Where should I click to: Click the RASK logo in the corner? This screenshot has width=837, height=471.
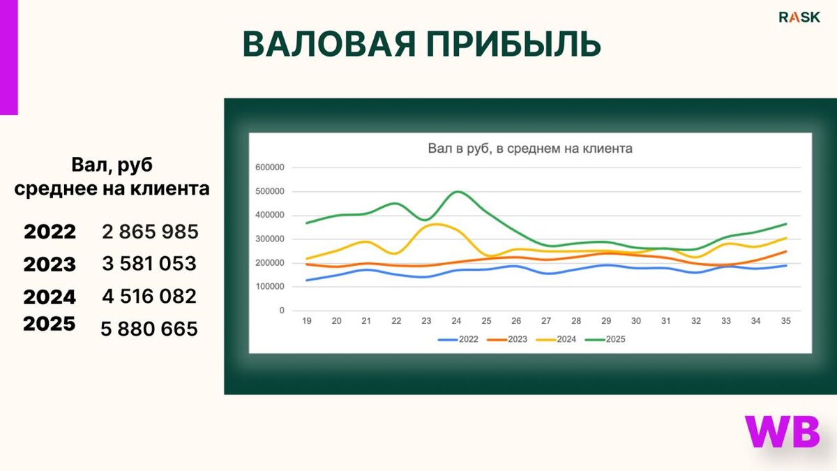[799, 17]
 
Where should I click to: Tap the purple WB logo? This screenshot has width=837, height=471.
[782, 432]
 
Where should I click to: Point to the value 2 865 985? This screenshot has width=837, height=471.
[150, 232]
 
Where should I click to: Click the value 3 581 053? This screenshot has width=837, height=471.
[149, 264]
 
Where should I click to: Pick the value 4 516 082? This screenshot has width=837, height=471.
[149, 296]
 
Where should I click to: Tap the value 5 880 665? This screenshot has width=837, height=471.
[149, 328]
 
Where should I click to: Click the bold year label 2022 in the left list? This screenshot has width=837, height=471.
[50, 232]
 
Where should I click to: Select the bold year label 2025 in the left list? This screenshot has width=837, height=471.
[50, 324]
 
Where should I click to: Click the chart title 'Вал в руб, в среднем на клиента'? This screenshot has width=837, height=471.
[529, 149]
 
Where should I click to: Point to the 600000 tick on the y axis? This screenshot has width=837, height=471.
[271, 167]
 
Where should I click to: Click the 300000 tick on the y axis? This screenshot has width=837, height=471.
[271, 239]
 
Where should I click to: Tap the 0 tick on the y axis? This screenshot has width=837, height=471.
[282, 311]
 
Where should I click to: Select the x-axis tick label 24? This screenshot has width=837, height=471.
[456, 322]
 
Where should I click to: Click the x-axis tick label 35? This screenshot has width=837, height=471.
[786, 322]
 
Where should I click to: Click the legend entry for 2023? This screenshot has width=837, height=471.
[511, 340]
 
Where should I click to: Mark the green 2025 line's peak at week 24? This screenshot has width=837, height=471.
[458, 191]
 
